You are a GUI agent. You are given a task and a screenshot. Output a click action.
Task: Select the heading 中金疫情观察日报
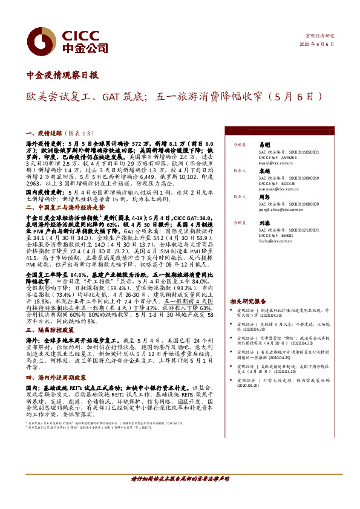click(63, 76)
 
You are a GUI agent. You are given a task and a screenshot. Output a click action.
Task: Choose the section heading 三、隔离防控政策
click(49, 331)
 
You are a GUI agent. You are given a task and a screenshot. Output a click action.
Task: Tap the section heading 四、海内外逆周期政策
click(57, 377)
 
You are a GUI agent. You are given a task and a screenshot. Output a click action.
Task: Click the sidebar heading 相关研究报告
click(247, 300)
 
